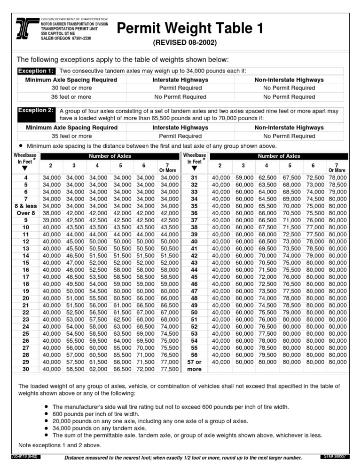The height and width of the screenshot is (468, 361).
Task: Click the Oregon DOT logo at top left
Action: point(27,28)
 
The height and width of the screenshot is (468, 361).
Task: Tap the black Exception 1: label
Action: point(36,71)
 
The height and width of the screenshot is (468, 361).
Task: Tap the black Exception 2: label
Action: point(36,111)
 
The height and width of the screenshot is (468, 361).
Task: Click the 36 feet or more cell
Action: point(71,97)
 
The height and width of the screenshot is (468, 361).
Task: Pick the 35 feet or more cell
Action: point(71,136)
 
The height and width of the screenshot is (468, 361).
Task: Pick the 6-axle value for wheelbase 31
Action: point(315,178)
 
